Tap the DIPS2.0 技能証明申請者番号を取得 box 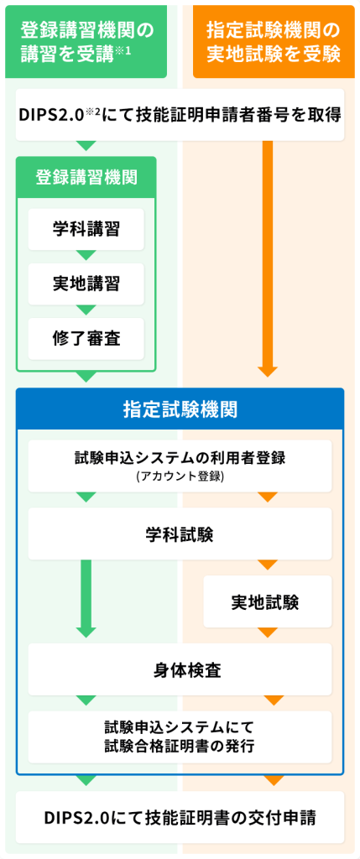(180, 115)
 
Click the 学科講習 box (86, 229)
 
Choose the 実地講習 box (86, 284)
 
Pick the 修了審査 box (86, 339)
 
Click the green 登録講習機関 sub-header (86, 178)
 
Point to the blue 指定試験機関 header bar (180, 409)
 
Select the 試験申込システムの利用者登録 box (180, 466)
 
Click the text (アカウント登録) (180, 476)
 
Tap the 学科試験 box (180, 534)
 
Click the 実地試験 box (268, 601)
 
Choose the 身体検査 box (180, 669)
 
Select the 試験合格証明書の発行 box (180, 737)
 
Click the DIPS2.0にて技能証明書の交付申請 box (180, 817)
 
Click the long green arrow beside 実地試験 (86, 599)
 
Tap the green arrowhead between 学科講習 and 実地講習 (86, 255)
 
